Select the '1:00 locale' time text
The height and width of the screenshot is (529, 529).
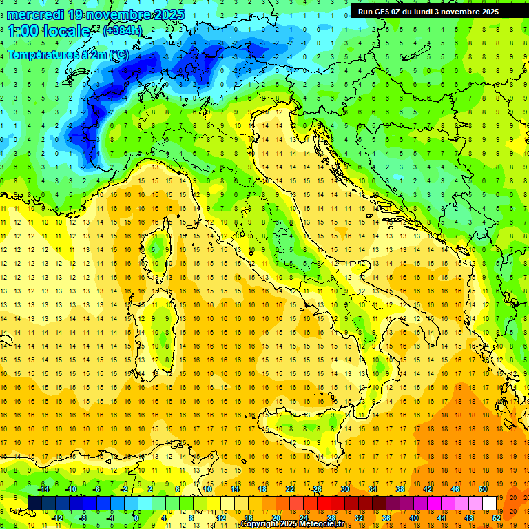tap(49, 32)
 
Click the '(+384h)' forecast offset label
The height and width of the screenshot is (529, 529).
tap(123, 31)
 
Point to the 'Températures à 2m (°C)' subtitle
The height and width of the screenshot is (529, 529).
tap(68, 54)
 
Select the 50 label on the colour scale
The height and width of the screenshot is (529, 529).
tap(483, 489)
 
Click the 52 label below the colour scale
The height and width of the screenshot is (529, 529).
tap(497, 517)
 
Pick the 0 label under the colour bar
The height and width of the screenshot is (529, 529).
tap(137, 517)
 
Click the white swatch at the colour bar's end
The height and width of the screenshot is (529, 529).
tap(490, 503)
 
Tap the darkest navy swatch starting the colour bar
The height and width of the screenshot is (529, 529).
tap(34, 503)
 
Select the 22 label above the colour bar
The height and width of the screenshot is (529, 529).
tap(289, 489)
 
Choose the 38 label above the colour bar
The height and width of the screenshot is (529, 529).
tap(400, 489)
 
